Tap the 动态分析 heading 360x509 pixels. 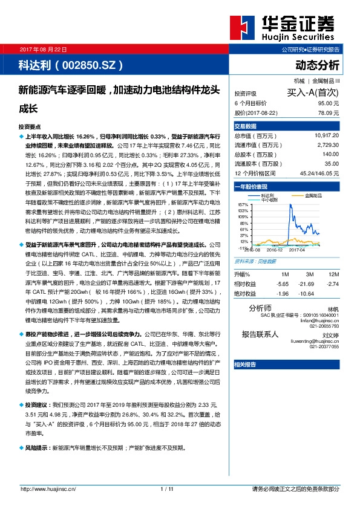coord(318,64)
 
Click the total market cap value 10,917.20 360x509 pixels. coord(327,136)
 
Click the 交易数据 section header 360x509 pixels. coord(246,126)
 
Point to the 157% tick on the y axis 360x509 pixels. coord(244,206)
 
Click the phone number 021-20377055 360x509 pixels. coord(324,347)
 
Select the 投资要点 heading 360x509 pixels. coord(30,128)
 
